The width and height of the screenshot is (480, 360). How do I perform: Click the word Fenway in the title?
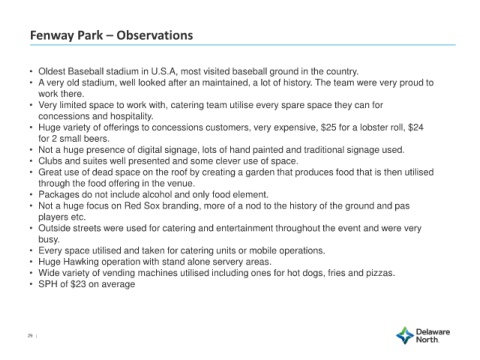click(50, 35)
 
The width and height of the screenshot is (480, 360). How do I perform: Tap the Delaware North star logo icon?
click(405, 335)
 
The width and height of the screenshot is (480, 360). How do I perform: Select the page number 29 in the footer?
click(30, 336)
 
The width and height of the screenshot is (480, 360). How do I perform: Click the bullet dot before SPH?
click(31, 284)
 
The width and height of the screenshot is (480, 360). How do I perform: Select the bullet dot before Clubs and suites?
click(31, 161)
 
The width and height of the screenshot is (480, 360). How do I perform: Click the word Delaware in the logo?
click(433, 332)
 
